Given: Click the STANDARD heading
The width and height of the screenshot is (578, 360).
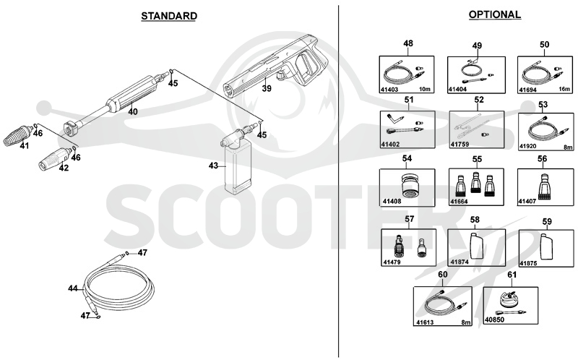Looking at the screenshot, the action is coord(169,16).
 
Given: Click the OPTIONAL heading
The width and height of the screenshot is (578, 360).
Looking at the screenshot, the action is coord(495,14).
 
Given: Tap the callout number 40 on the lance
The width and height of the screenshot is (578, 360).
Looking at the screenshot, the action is coord(133,111).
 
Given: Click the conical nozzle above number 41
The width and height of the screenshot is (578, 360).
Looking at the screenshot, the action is coord(18,134).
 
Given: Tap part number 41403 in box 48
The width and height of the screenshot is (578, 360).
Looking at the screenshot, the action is coord(389,90).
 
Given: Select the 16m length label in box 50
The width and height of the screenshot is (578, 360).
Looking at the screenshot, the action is coord(564,89).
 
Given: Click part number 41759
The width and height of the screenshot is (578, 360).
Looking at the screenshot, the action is coord(460,145).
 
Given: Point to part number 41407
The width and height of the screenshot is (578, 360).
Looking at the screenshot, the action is coord(527,202).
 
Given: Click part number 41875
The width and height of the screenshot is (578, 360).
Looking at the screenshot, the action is coord(528,263).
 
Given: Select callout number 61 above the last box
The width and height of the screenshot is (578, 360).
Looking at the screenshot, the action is coord(512,275).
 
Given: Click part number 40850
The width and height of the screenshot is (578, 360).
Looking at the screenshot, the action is coord(495,320).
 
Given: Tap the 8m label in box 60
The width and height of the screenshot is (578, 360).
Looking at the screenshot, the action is coord(466,322).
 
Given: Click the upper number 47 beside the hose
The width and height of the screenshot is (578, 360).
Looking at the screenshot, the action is coord(142,253).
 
